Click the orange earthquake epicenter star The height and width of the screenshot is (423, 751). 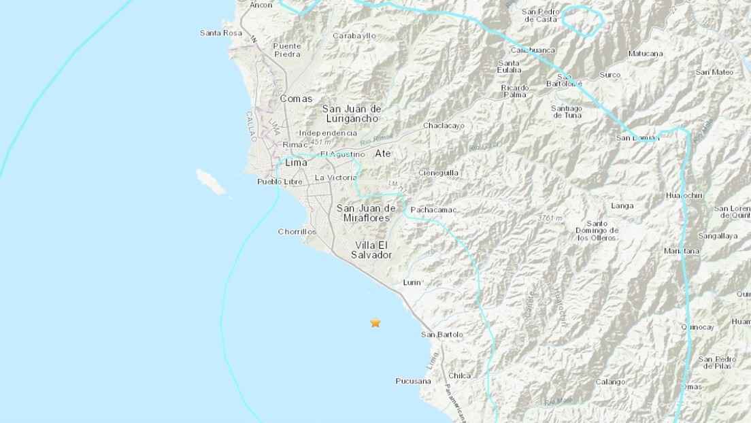click(x=375, y=323)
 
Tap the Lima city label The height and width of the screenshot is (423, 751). click(x=296, y=163)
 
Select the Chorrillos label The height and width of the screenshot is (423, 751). click(x=297, y=232)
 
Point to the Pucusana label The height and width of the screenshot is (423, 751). click(x=414, y=382)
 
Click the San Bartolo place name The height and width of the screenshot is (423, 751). click(x=442, y=335)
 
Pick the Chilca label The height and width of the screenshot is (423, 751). click(x=460, y=375)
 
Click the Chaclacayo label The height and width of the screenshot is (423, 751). click(x=444, y=126)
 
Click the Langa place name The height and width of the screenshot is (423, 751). click(x=622, y=206)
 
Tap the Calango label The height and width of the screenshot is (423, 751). click(x=610, y=382)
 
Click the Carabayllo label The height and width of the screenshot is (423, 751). click(x=354, y=35)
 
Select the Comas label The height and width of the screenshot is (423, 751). click(x=297, y=99)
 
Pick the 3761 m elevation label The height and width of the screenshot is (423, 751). click(x=549, y=218)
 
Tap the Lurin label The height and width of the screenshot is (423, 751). click(x=412, y=282)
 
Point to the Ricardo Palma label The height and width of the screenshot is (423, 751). click(x=515, y=91)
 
